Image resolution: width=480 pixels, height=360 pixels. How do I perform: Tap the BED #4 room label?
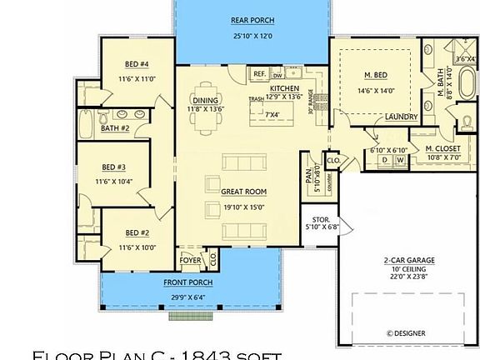[137, 64]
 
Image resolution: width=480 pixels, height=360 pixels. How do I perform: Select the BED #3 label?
[114, 166]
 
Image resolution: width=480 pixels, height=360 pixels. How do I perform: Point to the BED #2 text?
[137, 232]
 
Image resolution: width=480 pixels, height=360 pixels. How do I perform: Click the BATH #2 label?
[115, 128]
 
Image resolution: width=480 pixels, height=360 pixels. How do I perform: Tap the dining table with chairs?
[206, 117]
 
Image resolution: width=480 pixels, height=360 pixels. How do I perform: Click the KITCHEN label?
[284, 87]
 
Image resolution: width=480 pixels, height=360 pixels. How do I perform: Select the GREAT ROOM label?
[243, 192]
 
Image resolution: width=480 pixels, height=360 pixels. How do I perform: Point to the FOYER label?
[191, 259]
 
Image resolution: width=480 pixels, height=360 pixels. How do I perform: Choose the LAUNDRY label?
[401, 117]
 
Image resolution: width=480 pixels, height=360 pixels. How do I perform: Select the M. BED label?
[375, 76]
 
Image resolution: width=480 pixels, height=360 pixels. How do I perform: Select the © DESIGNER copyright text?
[406, 332]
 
